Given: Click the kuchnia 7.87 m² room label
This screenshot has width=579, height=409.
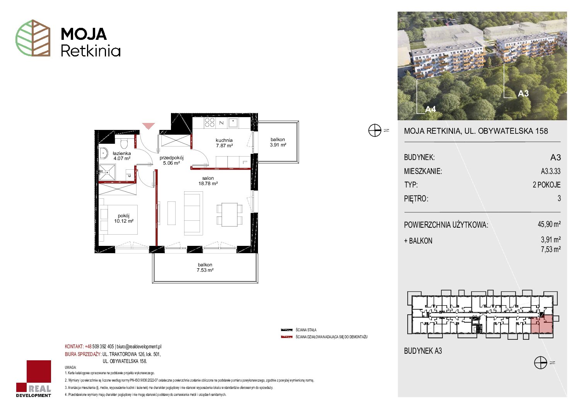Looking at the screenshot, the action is (x=224, y=143).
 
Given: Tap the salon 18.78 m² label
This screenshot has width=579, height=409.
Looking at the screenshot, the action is (x=208, y=181).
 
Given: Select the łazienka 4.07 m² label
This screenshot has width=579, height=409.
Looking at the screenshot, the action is (x=122, y=156).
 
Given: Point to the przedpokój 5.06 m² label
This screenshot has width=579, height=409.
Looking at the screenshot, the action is (x=171, y=160).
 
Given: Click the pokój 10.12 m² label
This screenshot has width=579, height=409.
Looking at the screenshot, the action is (x=123, y=218).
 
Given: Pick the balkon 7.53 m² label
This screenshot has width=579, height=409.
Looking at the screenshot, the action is (x=205, y=268).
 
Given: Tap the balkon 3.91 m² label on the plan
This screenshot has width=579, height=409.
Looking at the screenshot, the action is (x=278, y=142).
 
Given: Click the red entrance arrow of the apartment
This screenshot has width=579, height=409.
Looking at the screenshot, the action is (x=149, y=126).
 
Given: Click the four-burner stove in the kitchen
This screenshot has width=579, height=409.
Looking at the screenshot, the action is (x=210, y=123).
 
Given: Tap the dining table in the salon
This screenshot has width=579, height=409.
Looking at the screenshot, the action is (x=229, y=215).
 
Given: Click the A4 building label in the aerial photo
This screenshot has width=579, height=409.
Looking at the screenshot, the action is (x=430, y=109).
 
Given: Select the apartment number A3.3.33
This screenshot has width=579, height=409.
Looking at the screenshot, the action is (x=550, y=171).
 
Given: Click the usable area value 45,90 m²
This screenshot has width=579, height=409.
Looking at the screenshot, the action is (x=549, y=224).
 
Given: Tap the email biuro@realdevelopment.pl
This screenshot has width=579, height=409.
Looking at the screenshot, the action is (x=139, y=346).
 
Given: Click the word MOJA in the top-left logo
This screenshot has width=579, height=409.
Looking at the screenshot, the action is (x=84, y=34).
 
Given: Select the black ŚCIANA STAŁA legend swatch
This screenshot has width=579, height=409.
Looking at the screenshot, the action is (x=287, y=330).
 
